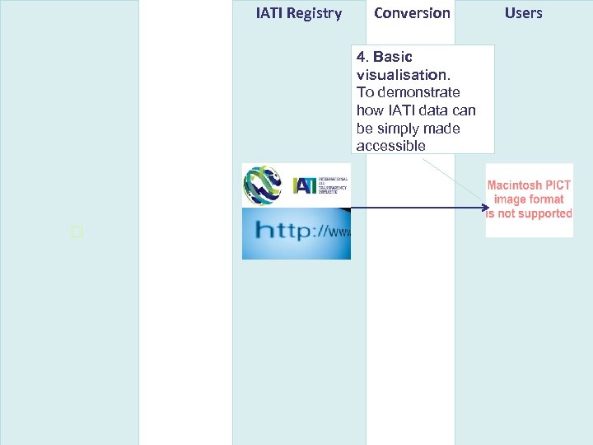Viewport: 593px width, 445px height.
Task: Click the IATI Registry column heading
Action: click(298, 13)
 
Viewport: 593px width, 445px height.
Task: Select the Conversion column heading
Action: click(412, 13)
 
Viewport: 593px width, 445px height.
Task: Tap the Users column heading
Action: click(523, 13)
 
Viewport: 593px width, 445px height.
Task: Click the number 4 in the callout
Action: click(361, 57)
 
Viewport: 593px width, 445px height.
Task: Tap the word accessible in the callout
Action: click(390, 146)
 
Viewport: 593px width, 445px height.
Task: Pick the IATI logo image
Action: click(296, 185)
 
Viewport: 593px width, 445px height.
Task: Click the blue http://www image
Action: click(296, 233)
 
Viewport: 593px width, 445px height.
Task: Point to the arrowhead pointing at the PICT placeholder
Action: click(485, 208)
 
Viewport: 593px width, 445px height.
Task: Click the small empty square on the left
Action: click(77, 232)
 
